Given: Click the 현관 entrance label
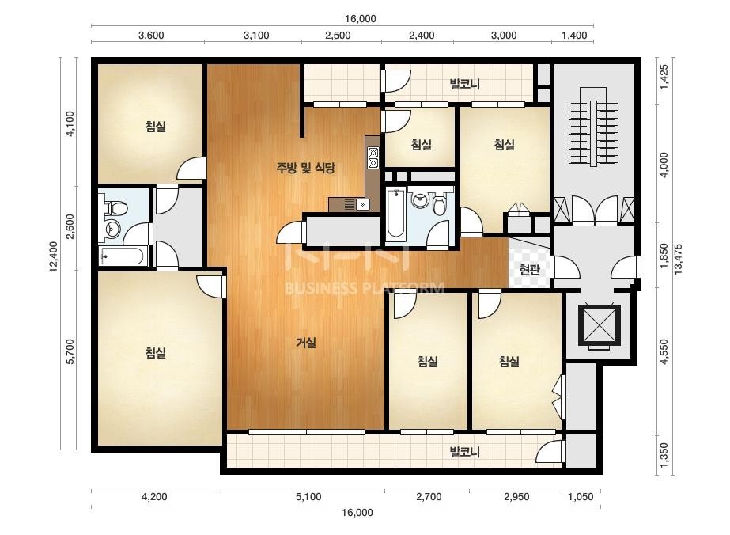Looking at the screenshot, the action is click(x=529, y=270).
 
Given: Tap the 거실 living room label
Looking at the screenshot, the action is click(x=306, y=343).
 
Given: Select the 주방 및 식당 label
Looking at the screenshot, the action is click(x=306, y=168).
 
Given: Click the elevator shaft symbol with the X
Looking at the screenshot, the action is click(x=599, y=325).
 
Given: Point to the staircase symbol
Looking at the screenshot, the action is click(x=593, y=133).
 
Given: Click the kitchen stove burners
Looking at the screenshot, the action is click(x=373, y=157).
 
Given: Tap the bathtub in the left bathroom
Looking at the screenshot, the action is click(x=123, y=256).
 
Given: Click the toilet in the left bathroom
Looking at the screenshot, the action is click(x=116, y=207).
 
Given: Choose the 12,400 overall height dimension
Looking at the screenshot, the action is click(x=54, y=256).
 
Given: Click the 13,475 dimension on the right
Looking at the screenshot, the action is click(x=678, y=259).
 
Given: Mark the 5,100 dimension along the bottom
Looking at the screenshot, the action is click(x=308, y=497).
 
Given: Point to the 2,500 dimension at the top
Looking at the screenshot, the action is click(x=338, y=36).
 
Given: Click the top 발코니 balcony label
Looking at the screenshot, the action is click(x=464, y=85).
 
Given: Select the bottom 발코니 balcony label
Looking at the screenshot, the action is click(x=464, y=452).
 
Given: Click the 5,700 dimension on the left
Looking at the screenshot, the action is click(x=70, y=351).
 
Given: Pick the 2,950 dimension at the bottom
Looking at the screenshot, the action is click(x=516, y=497).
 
